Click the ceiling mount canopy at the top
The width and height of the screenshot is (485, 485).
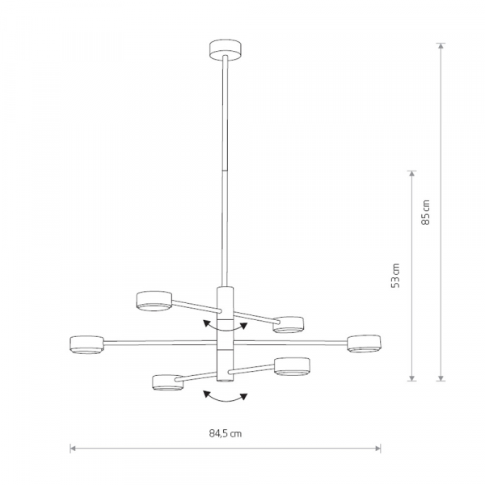[225, 50]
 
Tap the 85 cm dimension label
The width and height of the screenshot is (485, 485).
[426, 212]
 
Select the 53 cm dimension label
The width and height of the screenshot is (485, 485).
[395, 276]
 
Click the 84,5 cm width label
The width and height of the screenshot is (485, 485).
[226, 433]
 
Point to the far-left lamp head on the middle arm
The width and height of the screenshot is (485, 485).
[86, 345]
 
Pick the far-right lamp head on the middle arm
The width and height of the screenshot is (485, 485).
[364, 344]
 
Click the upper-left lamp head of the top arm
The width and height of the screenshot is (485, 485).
[154, 301]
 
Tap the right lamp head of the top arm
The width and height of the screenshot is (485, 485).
[289, 325]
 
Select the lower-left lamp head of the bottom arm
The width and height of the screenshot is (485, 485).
[167, 382]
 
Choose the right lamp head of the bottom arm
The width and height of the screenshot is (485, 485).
[292, 367]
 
